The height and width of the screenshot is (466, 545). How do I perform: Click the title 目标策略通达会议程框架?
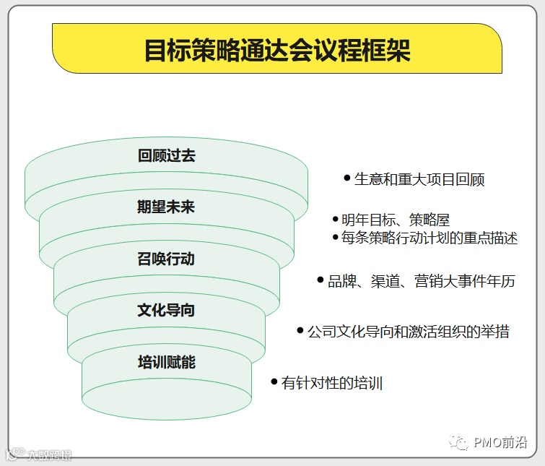(277, 50)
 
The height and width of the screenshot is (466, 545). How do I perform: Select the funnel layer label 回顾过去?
(166, 155)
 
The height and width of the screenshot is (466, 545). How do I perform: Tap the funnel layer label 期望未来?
(166, 207)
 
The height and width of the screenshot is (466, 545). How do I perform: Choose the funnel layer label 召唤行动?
(166, 259)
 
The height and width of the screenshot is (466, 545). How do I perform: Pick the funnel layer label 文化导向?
(166, 311)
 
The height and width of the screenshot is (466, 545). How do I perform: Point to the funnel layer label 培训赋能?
(166, 362)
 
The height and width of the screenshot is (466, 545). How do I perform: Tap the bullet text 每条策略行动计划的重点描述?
(430, 238)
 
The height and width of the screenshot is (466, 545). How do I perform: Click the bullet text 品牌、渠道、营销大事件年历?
(422, 281)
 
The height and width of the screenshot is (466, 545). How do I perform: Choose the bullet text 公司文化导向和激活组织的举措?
(409, 332)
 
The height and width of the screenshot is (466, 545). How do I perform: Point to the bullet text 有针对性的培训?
(332, 383)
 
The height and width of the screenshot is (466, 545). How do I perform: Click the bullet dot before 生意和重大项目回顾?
(347, 177)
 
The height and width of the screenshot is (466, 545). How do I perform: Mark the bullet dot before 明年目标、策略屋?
(335, 218)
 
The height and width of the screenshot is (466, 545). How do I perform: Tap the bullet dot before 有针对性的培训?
(274, 381)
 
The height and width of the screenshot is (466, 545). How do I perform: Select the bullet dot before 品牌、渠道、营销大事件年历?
(321, 279)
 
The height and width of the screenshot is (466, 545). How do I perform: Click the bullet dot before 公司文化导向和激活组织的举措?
(300, 329)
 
